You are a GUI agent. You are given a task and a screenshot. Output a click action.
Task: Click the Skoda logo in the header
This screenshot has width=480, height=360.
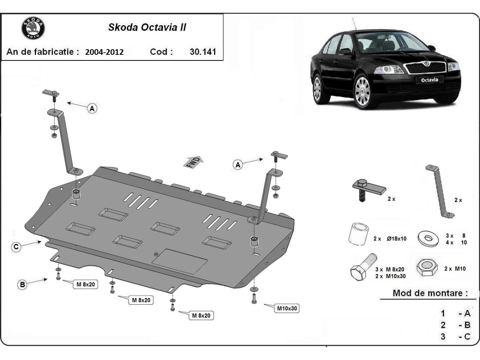tap(33, 29)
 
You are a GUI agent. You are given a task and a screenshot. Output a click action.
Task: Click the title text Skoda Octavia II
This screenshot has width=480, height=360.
tap(147, 28)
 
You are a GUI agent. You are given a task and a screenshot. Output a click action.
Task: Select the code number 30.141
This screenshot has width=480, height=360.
tap(203, 52)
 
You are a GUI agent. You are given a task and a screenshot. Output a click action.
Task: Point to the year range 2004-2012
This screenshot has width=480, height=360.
tap(104, 52)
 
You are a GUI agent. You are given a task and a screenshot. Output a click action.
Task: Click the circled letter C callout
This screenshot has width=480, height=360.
tap(16, 247)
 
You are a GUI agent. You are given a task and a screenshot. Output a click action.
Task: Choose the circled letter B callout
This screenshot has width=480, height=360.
tap(22, 284)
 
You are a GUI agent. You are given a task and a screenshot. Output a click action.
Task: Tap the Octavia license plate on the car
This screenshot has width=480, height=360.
tap(430, 80)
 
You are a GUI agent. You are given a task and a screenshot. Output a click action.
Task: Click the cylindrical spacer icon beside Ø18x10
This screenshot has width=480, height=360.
tap(358, 234)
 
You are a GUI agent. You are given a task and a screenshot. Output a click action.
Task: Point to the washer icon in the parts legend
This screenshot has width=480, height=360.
tap(428, 238)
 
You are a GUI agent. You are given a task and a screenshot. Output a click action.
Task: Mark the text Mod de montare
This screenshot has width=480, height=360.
tap(430, 293)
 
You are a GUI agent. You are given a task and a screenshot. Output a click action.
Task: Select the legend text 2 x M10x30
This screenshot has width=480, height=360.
tap(391, 276)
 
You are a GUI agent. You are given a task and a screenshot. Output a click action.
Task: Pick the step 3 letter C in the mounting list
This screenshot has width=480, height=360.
tap(467, 336)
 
